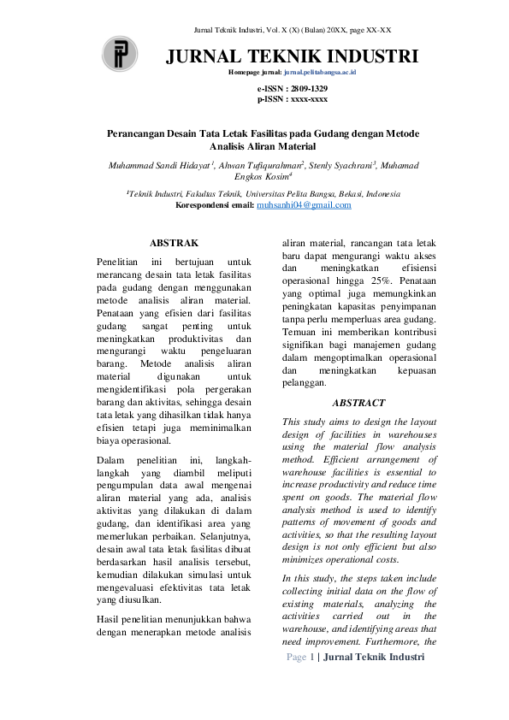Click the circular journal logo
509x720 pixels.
click(x=120, y=55)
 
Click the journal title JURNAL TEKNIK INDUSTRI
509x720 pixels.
click(x=292, y=57)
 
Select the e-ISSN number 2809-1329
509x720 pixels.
click(x=306, y=89)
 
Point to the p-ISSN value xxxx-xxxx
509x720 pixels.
click(x=307, y=99)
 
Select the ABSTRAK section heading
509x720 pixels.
click(x=175, y=244)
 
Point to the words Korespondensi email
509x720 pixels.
click(x=214, y=205)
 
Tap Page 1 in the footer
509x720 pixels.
click(x=301, y=656)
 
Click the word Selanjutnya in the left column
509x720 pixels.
click(x=214, y=544)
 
